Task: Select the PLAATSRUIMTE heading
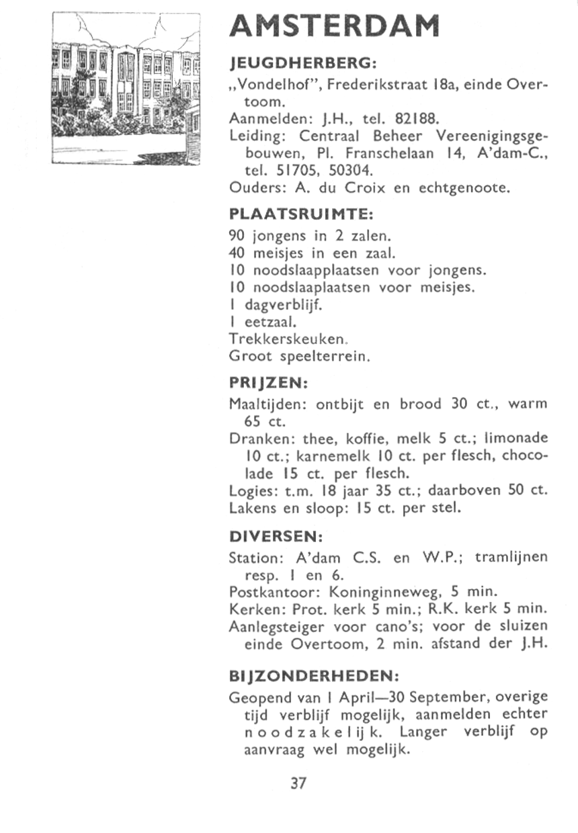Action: click(x=300, y=214)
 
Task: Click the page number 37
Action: click(x=298, y=783)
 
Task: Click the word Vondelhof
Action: click(x=269, y=86)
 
